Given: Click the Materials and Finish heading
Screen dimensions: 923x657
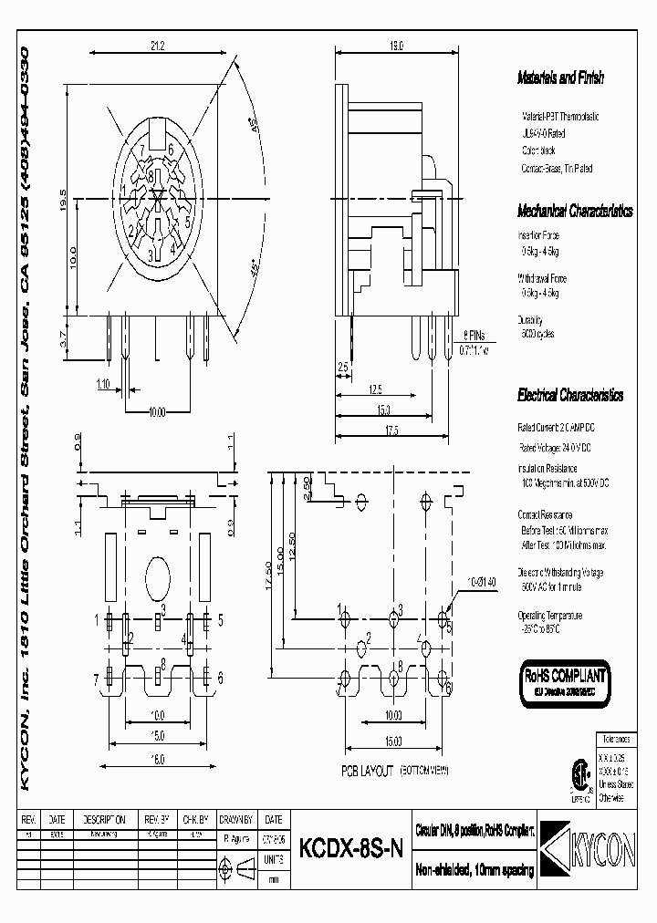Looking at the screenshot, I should (x=560, y=78).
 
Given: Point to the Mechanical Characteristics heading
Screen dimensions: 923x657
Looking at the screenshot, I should (x=574, y=211).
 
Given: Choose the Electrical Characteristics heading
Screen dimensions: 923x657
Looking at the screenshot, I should (x=569, y=396).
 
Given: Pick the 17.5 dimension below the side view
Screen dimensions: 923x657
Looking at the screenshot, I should (x=391, y=429).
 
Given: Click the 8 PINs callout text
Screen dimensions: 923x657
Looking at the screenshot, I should (x=474, y=336).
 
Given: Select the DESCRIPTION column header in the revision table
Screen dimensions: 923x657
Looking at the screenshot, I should (x=105, y=820).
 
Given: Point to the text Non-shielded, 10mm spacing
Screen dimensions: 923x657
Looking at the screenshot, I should (x=474, y=871).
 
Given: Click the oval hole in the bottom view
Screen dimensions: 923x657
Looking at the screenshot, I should (x=157, y=576).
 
